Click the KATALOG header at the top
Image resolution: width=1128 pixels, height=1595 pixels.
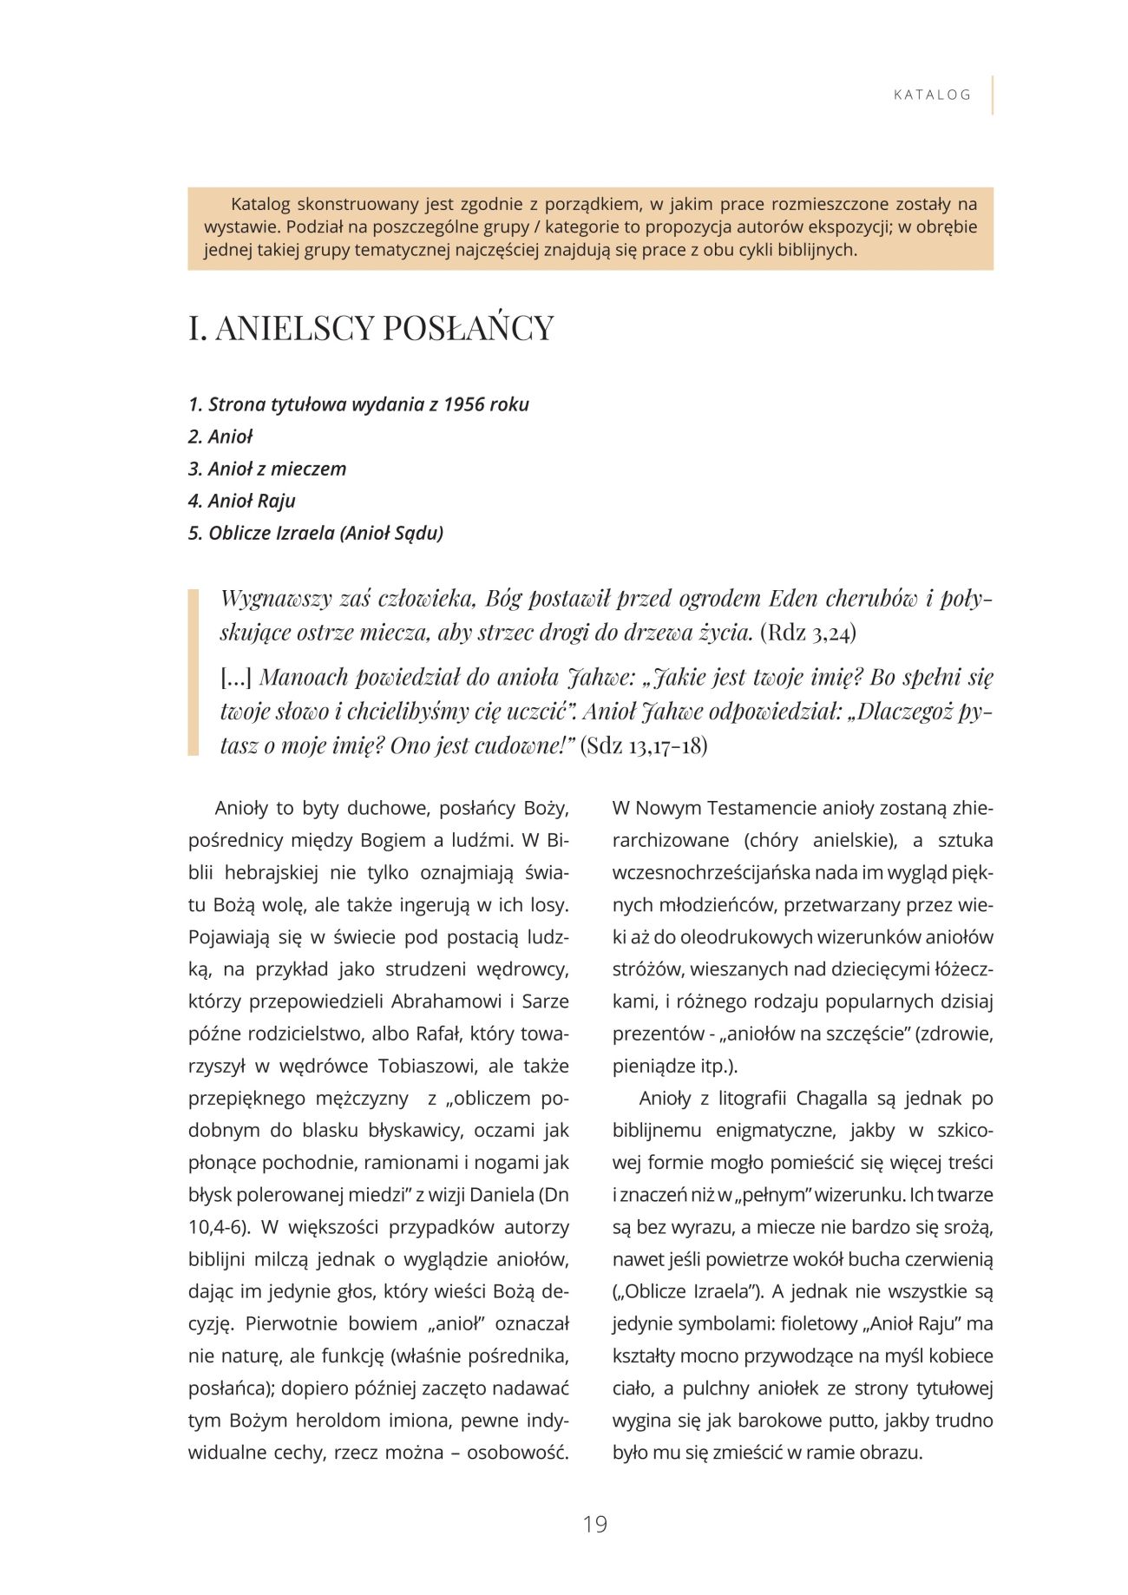932,95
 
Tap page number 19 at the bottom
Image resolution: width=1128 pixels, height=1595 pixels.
595,1524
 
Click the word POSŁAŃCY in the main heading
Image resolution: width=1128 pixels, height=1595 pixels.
468,328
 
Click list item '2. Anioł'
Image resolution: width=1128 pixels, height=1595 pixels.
220,436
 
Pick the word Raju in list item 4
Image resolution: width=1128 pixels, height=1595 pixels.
276,501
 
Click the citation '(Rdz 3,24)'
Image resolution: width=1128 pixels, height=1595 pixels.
808,633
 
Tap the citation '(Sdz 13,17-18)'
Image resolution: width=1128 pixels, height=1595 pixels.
644,745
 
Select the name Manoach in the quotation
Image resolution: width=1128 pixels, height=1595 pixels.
303,677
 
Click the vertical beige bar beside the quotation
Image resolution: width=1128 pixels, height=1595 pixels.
193,672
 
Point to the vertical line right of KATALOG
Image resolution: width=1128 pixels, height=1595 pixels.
992,95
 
